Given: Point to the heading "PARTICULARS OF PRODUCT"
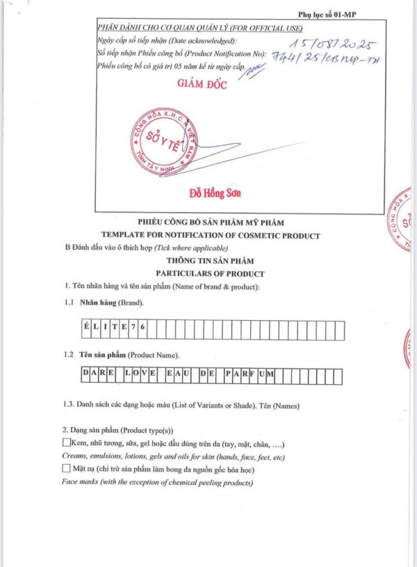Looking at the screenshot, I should coord(210,273).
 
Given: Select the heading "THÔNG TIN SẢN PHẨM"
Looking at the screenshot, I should coord(210,261).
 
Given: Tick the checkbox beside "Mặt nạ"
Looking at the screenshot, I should coord(67,470).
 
